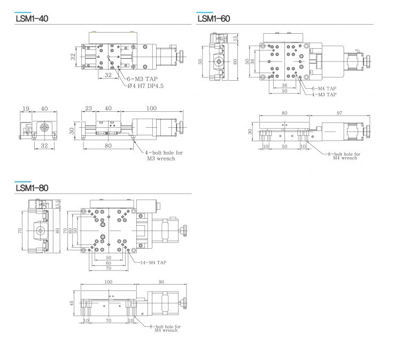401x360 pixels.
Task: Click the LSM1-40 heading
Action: pos(32,19)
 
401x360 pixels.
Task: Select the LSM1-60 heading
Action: pos(213,19)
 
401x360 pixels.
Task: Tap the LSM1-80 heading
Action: pos(32,188)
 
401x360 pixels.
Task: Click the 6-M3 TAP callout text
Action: pos(142,79)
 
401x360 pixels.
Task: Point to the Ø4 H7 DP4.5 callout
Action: pos(145,86)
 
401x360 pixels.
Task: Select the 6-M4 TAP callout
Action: pos(324,88)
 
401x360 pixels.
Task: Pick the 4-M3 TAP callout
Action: pos(324,95)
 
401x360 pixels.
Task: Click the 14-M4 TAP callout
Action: pos(153,263)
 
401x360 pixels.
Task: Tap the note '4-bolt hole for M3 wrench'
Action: pos(164,156)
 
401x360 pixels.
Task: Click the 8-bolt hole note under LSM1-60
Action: pos(344,156)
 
